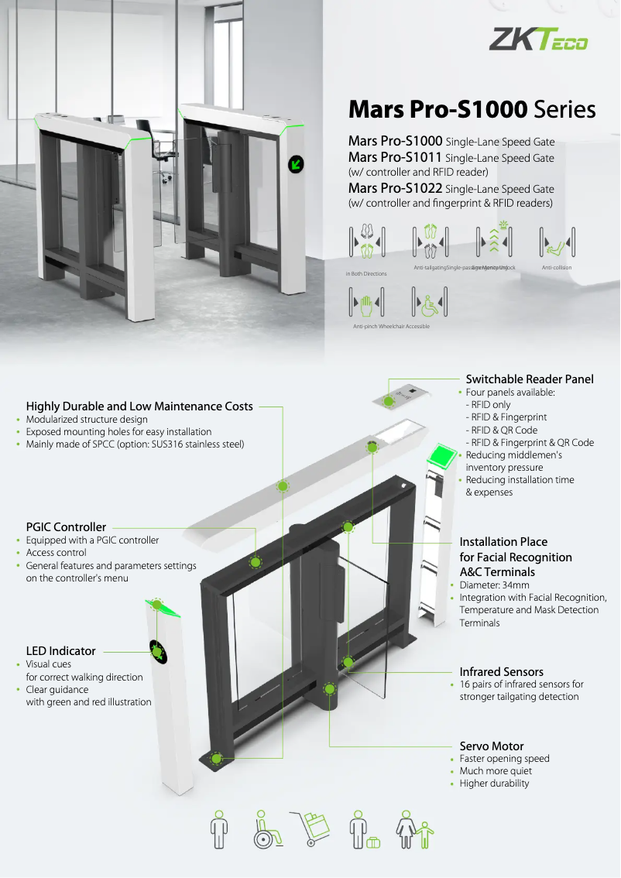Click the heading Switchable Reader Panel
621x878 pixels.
point(530,379)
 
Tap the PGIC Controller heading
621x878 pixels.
point(66,527)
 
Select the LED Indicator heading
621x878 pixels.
point(61,651)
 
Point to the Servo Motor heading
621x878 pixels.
point(492,746)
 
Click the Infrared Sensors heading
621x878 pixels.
point(502,672)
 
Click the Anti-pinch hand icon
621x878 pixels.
point(366,302)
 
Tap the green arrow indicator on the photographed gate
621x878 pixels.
point(296,163)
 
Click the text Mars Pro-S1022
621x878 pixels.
point(396,188)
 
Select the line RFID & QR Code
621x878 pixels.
point(501,430)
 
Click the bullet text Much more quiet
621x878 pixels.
point(496,771)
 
